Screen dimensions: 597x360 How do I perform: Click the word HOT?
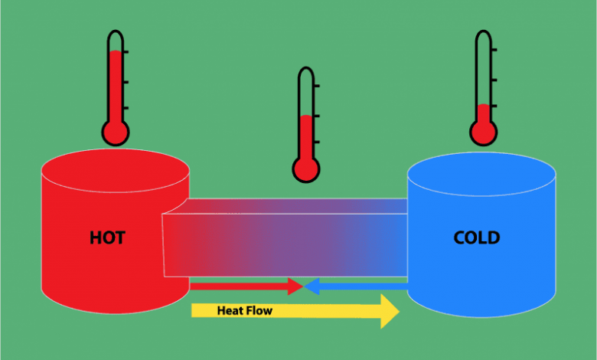107,237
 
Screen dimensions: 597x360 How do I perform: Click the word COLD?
477,237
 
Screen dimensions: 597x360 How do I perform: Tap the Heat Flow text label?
244,310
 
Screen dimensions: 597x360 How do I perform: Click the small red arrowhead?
295,286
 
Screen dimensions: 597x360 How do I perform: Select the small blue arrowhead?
312,286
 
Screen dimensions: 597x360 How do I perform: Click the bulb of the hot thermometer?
116,133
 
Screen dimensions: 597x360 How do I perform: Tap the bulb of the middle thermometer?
306,169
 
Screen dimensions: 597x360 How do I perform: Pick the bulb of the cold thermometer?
484,133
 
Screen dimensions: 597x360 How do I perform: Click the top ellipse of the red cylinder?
116,170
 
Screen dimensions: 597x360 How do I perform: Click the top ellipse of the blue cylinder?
481,174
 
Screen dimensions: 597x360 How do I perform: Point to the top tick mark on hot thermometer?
126,51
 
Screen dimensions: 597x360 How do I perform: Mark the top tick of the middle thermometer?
317,86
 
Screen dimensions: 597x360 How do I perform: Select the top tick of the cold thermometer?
494,50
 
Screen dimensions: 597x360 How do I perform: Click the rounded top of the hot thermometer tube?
116,32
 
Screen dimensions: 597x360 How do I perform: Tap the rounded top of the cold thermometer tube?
484,32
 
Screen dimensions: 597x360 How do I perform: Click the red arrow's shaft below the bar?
239,286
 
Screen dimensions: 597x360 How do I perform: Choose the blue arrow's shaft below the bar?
364,286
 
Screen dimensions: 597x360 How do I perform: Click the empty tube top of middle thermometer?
306,91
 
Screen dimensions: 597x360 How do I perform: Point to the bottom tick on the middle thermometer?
317,142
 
